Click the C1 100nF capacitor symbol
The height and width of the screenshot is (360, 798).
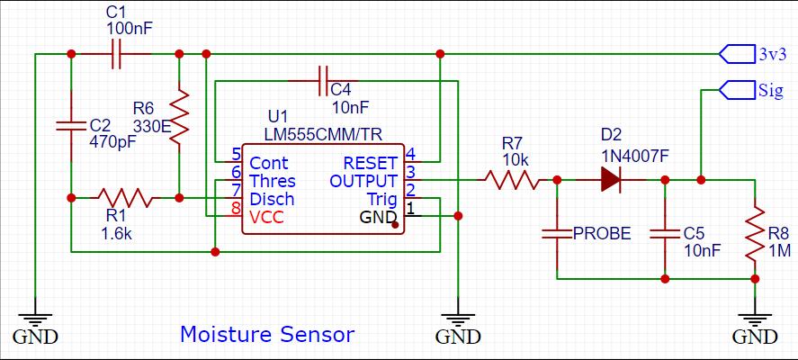(x=116, y=53)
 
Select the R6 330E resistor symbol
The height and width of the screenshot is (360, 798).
(x=179, y=115)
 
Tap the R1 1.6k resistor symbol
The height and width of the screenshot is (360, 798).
(x=125, y=198)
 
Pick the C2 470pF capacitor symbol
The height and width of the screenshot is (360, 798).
(x=71, y=125)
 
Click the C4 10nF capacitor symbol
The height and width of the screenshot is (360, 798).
(x=323, y=80)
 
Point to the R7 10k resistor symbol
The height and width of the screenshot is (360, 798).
(x=512, y=180)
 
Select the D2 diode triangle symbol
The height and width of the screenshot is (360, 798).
(x=611, y=180)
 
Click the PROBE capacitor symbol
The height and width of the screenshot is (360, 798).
(x=557, y=234)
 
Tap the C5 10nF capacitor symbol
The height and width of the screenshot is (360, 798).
(x=665, y=234)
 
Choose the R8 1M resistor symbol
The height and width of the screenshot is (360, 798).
(x=755, y=234)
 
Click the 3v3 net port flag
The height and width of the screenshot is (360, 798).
(x=737, y=53)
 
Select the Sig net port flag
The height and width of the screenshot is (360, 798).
(x=737, y=90)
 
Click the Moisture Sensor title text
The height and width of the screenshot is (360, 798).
(x=267, y=335)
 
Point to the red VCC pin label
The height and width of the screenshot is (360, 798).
(x=266, y=218)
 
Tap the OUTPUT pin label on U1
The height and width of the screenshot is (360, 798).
(x=363, y=181)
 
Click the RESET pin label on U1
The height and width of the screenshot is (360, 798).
(x=370, y=163)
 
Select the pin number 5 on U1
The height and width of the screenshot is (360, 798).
(x=236, y=154)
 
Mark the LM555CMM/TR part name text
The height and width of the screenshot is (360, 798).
(x=323, y=134)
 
